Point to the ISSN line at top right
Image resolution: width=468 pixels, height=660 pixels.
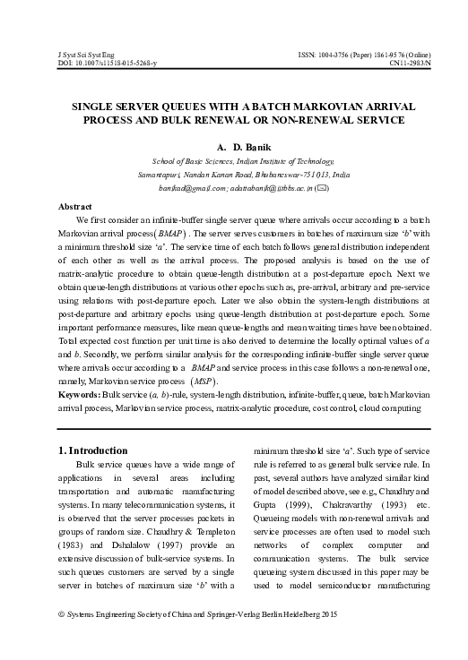[363, 56]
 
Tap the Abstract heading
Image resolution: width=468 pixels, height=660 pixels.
[75, 206]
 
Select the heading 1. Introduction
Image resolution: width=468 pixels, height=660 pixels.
[93, 450]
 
